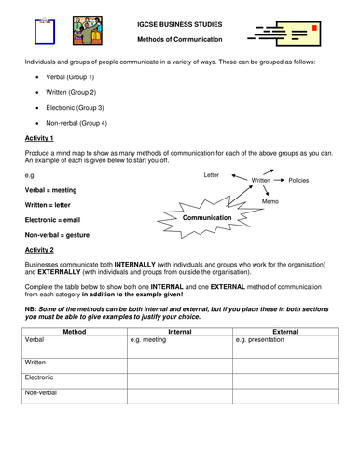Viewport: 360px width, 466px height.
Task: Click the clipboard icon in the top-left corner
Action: click(x=38, y=30)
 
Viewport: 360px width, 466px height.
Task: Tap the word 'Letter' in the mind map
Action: click(x=213, y=175)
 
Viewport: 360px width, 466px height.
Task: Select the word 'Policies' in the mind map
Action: click(x=303, y=179)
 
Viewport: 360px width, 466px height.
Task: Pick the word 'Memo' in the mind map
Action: click(x=270, y=201)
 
